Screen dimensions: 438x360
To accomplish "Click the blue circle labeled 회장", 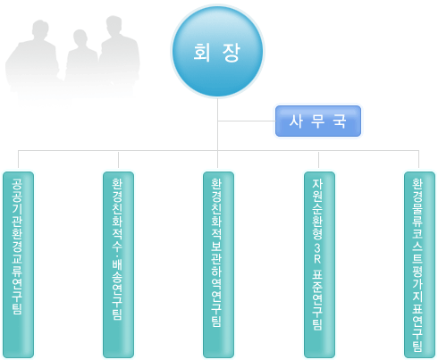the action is coord(217,52).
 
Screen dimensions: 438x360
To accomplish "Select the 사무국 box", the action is coord(318,121).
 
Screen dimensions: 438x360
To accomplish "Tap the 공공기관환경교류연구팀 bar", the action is coord(18,264).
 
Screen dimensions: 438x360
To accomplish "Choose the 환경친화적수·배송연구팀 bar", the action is coord(118,264).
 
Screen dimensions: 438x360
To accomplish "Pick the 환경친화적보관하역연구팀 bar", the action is coord(218,264).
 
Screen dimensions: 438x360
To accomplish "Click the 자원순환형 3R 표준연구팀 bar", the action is coord(319,264).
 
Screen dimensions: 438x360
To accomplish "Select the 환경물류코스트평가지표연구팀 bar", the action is coord(419,264).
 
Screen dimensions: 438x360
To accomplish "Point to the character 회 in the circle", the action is coord(202,53).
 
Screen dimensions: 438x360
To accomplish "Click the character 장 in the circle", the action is coord(232,53).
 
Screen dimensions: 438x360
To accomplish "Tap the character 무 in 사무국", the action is coord(317,121).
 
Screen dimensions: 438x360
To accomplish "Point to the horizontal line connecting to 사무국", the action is coord(247,121).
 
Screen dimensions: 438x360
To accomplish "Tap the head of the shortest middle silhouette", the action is coord(80,38).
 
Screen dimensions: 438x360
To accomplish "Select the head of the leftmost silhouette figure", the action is coord(40,29).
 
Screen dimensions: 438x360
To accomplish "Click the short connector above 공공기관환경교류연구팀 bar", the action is coord(18,159).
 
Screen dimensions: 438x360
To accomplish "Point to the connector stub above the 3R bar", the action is coord(318,160).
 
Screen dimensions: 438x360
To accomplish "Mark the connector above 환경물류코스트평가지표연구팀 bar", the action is coord(418,159).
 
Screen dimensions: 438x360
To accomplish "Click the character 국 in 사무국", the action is coord(340,121).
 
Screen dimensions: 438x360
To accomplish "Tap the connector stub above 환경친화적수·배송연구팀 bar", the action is coord(118,160).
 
